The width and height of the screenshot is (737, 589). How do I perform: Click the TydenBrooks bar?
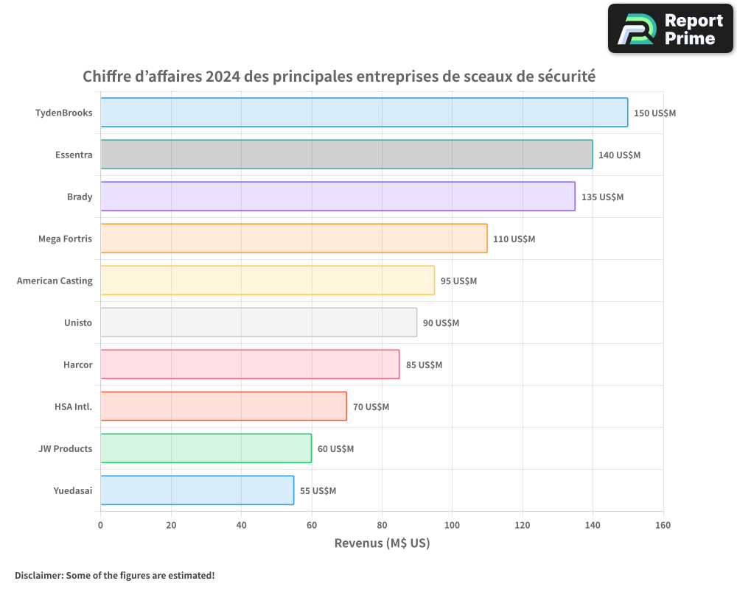(x=364, y=113)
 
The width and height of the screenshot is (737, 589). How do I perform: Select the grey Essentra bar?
(x=346, y=155)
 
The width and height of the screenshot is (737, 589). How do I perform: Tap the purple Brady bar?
(x=338, y=197)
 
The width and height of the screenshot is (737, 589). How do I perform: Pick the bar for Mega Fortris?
(x=294, y=239)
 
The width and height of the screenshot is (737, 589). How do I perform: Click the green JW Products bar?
(x=206, y=448)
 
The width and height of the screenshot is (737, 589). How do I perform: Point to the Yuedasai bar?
(x=197, y=490)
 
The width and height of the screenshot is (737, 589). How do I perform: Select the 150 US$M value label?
(x=654, y=113)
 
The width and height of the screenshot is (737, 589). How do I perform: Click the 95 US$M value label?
(x=458, y=281)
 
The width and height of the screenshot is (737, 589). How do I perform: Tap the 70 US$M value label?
(x=371, y=407)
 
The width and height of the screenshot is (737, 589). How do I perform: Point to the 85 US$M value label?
(x=424, y=365)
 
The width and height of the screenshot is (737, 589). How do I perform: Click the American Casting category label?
(x=55, y=281)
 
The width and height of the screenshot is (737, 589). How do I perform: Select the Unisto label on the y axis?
(x=78, y=322)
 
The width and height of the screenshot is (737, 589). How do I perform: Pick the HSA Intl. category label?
(x=73, y=406)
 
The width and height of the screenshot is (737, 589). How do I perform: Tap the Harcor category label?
(x=77, y=364)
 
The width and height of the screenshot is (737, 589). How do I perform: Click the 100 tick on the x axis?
(x=452, y=525)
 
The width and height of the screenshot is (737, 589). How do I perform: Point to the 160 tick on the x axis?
(x=663, y=525)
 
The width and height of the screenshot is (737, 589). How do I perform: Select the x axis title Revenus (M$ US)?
(x=382, y=543)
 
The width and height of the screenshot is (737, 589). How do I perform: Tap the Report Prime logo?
(x=671, y=29)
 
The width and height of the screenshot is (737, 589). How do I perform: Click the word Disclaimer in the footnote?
(x=38, y=575)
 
